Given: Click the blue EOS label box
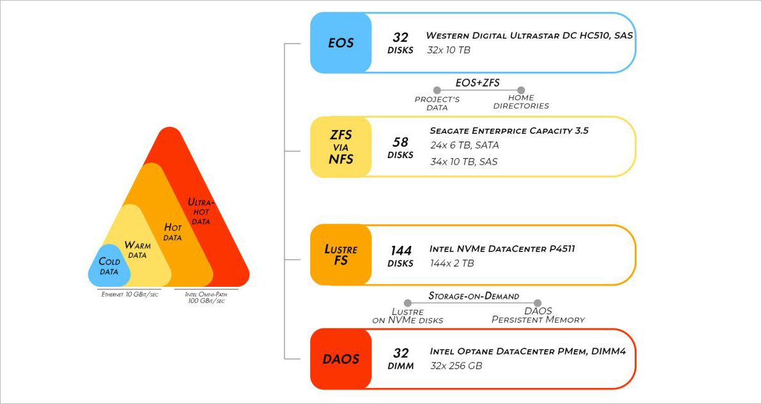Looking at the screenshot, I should click(x=341, y=43).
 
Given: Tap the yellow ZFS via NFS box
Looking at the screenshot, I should click(x=341, y=147).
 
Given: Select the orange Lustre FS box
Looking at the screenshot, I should click(x=341, y=255).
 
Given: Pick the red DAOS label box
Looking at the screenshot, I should click(x=341, y=359).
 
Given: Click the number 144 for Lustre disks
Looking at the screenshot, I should click(x=401, y=250).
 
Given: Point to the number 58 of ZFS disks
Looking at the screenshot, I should click(x=401, y=142).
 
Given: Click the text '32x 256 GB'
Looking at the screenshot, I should click(x=456, y=366).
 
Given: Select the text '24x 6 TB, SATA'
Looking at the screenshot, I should click(x=465, y=145).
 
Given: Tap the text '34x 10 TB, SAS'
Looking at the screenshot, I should click(x=464, y=161).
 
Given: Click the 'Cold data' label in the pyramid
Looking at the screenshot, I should click(x=109, y=266).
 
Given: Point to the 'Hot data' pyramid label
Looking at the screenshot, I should click(x=173, y=232).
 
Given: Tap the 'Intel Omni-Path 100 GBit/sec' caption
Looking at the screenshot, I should click(x=206, y=297).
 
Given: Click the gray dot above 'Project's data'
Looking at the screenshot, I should click(x=437, y=90).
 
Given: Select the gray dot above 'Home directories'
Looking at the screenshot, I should click(x=521, y=90).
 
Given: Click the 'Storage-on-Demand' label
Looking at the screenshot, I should click(x=473, y=296).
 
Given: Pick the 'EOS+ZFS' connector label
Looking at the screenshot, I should click(x=478, y=83).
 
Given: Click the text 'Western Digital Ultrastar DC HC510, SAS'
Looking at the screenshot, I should click(x=530, y=35).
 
